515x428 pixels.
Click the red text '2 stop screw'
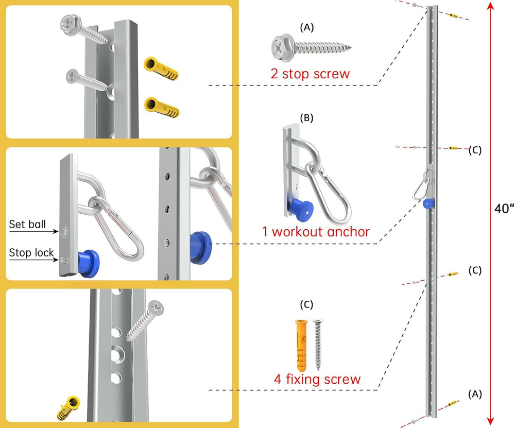[310, 73]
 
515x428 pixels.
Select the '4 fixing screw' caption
[317, 380]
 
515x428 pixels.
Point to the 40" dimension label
[503, 213]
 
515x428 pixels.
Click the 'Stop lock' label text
[30, 252]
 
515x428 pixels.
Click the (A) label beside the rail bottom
[474, 394]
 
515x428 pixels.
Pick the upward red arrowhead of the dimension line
[491, 7]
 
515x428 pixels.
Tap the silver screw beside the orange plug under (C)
[318, 344]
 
